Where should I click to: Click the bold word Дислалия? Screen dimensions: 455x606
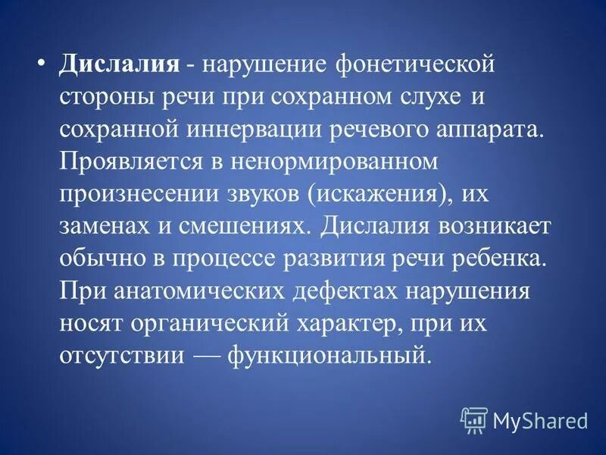pos(119,65)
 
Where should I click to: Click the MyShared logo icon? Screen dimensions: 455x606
pos(474,418)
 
